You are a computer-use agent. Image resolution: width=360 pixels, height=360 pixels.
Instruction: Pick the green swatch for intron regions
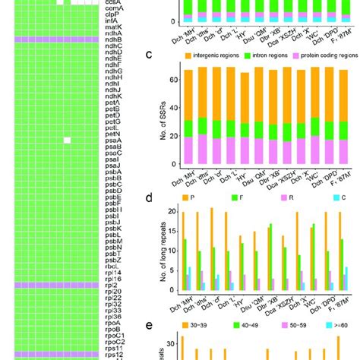[x=247, y=56]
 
